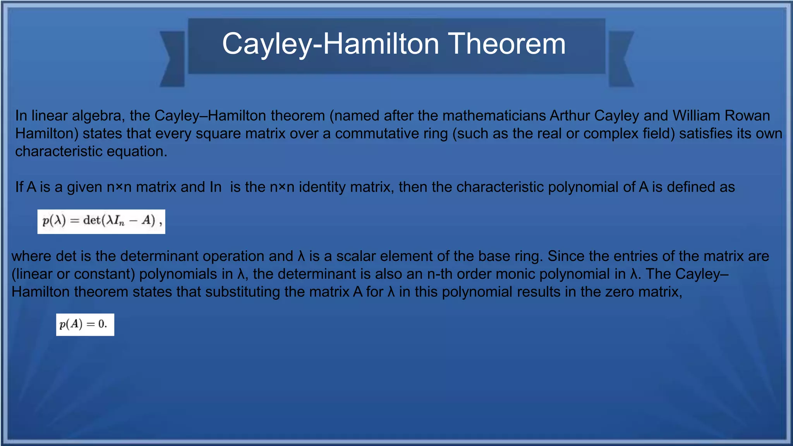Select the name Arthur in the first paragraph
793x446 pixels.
[x=570, y=116]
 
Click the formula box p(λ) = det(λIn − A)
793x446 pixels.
[x=101, y=221]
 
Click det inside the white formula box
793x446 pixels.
[x=92, y=221]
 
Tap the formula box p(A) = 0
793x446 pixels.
[x=85, y=324]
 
